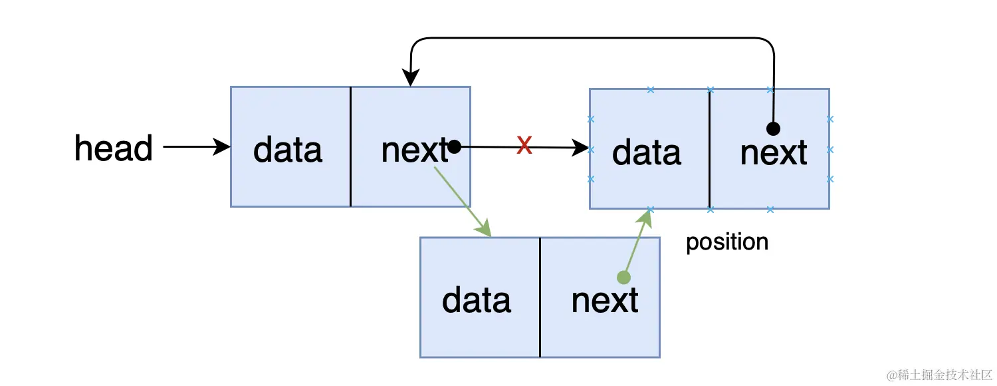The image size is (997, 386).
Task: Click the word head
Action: (x=114, y=148)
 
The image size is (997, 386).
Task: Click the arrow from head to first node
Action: (x=197, y=146)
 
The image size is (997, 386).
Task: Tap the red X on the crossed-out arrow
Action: (x=524, y=145)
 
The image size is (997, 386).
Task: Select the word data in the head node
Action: (x=288, y=150)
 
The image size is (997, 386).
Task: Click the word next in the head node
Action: (x=415, y=150)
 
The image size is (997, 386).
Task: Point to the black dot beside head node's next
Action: (x=454, y=146)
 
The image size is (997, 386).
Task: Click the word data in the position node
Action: (x=646, y=152)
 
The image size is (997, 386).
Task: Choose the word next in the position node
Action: (x=774, y=153)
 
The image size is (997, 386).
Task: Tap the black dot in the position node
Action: (x=773, y=129)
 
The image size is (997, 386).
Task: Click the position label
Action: (x=727, y=242)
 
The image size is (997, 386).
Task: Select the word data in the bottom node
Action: (x=477, y=300)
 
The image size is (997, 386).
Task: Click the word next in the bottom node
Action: (x=605, y=300)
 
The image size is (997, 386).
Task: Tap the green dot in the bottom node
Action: (x=624, y=278)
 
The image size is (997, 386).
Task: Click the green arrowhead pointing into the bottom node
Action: (x=484, y=228)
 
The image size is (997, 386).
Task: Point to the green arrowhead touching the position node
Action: (x=645, y=218)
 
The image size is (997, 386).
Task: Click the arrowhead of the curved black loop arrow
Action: (x=410, y=78)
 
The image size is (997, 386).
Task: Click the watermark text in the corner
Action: (x=940, y=375)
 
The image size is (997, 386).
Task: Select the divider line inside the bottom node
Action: (x=540, y=297)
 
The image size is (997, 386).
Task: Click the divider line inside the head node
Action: (x=351, y=146)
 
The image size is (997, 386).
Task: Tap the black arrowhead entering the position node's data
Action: (x=580, y=148)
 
